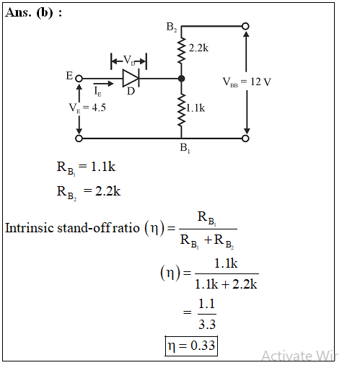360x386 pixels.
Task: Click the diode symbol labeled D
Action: pos(131,79)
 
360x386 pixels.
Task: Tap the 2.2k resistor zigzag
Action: pos(182,51)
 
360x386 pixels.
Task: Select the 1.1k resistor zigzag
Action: pos(182,110)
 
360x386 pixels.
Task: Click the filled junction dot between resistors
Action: pos(182,79)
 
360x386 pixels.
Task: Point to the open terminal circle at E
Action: pos(79,79)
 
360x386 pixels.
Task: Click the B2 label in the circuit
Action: pos(172,27)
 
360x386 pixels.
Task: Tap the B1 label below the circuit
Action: pos(185,148)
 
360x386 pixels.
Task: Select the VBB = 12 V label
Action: pos(247,82)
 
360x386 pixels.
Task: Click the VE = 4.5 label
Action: pos(87,108)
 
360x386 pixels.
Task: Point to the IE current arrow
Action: pos(103,84)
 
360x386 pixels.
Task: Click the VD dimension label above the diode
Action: pos(129,60)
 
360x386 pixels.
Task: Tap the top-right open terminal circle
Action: pos(245,26)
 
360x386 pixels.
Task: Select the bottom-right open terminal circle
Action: pos(245,139)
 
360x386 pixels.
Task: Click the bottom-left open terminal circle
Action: pos(79,139)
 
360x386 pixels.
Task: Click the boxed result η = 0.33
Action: pos(191,346)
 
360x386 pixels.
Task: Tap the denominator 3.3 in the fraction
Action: pos(207,325)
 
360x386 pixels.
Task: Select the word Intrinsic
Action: pos(30,228)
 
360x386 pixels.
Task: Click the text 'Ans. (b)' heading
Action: pos(29,12)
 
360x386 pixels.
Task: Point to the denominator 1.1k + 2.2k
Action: pos(226,284)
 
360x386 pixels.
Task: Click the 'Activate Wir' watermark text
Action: pos(300,356)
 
